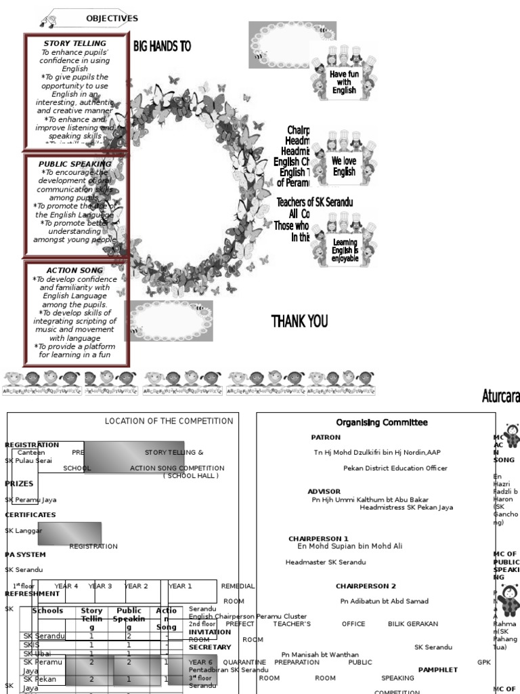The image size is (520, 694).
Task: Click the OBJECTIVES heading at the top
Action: pos(112,18)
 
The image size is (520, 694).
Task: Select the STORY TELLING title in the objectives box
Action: pos(75,43)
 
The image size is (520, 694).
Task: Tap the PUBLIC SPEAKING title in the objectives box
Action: pos(75,164)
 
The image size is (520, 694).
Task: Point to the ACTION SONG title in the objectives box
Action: pos(75,270)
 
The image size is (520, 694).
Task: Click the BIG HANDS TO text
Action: pos(162,46)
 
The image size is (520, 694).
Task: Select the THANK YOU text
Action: pos(299,321)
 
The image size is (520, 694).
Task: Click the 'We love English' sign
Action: pos(344,167)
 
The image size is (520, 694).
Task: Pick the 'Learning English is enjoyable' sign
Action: pos(345,250)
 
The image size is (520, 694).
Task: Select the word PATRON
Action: pos(326,437)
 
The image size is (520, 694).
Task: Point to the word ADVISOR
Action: pos(324,491)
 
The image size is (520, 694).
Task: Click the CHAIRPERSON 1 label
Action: pos(319,539)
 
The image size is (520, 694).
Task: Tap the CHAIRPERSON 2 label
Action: pos(366,586)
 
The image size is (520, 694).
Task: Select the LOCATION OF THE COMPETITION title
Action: pos(169,421)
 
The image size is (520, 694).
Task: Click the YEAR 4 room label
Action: pos(66,586)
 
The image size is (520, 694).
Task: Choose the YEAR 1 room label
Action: pos(180,586)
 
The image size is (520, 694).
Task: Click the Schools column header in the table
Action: pos(47,611)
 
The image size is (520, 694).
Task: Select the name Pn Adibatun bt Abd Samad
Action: pos(384,601)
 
